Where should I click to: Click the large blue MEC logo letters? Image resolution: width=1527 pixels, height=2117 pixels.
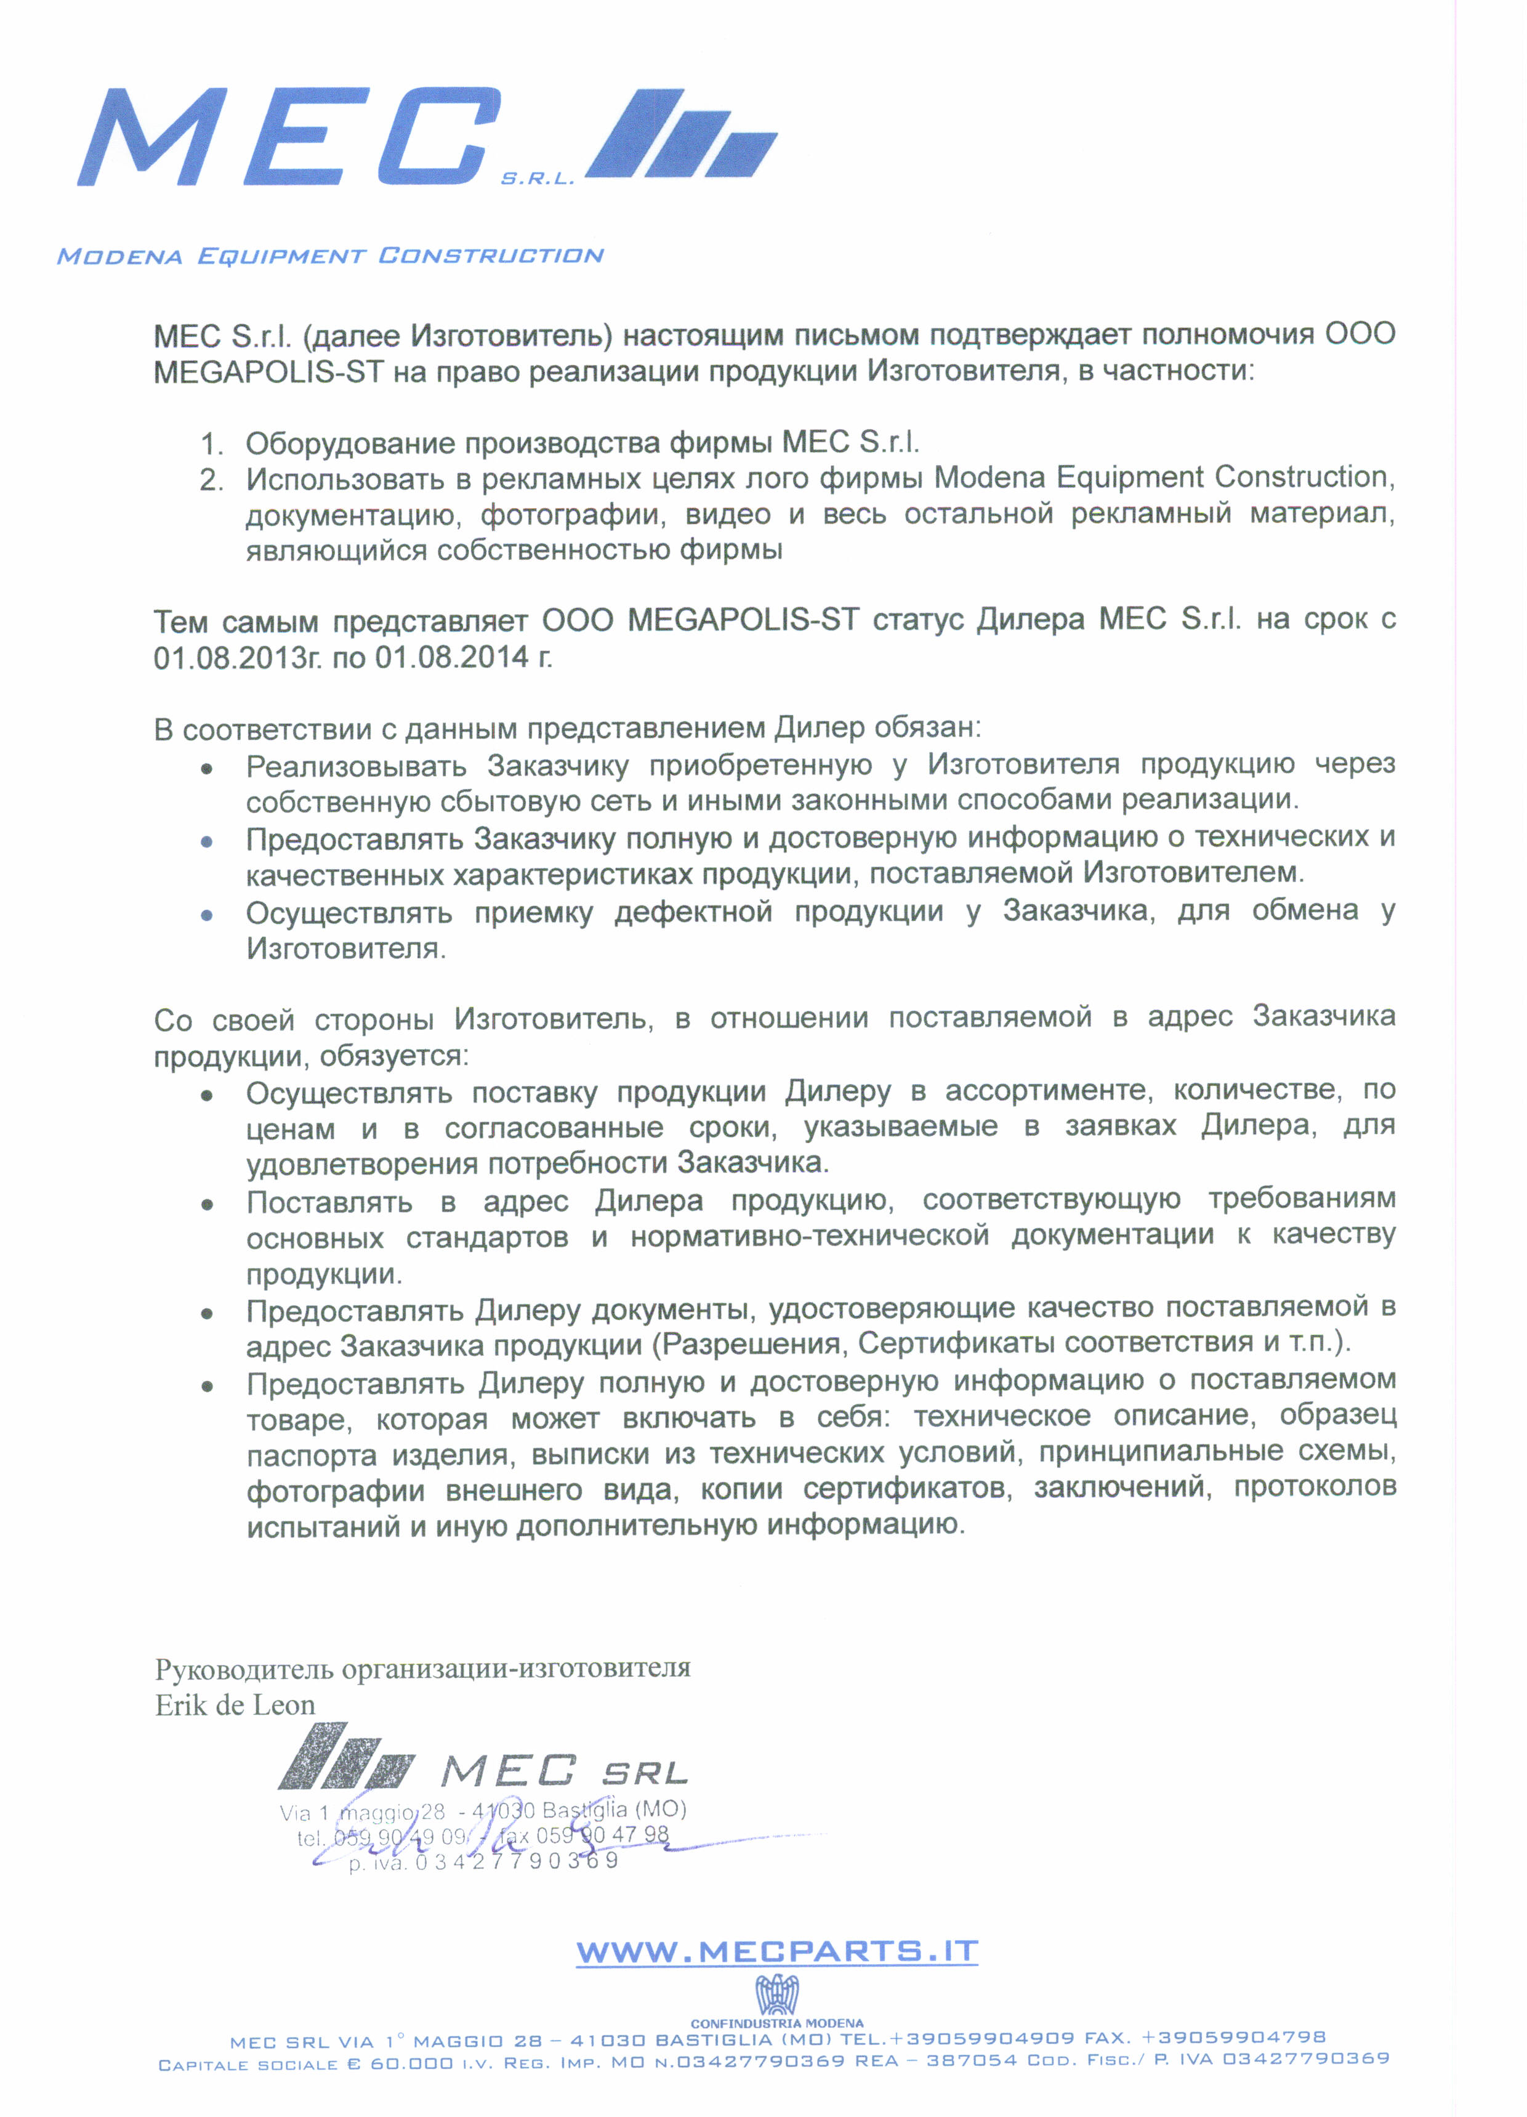(x=289, y=137)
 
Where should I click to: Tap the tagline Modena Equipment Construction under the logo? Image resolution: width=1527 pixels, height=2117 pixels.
(x=331, y=256)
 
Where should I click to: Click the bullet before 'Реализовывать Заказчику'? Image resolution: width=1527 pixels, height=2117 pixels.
(x=207, y=768)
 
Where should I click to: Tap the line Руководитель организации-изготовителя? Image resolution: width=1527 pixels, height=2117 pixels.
(x=422, y=1668)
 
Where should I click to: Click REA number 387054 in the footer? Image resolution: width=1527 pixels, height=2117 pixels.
(x=971, y=2059)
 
